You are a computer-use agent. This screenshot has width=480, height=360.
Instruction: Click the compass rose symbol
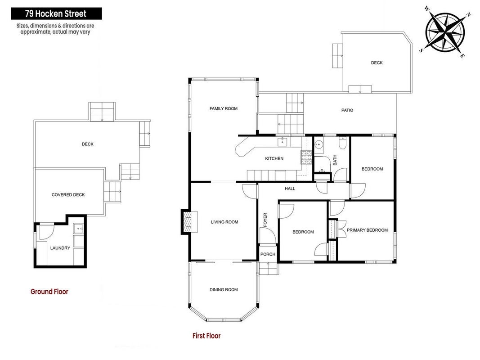(x=445, y=31)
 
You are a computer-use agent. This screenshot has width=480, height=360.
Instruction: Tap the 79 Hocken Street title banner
(x=56, y=14)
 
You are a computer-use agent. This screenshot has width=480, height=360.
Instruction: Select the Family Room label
(x=224, y=108)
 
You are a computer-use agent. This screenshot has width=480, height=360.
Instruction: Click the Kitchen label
(x=274, y=158)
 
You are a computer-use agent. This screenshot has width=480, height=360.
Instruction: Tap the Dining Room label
(x=224, y=290)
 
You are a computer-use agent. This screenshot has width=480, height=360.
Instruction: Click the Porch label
(x=268, y=254)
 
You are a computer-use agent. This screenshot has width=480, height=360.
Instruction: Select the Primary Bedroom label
(x=368, y=230)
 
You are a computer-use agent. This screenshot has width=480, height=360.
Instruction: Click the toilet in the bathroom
(x=342, y=143)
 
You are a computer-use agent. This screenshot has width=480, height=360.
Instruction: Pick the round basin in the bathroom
(x=319, y=144)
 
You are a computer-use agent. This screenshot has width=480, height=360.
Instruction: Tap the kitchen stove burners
(x=306, y=157)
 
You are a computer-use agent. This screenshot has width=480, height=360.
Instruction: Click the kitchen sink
(x=282, y=142)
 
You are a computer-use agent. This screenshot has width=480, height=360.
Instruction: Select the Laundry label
(x=60, y=248)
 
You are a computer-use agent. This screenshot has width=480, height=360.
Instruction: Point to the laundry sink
(x=78, y=228)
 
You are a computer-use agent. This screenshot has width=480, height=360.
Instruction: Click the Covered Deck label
(x=68, y=195)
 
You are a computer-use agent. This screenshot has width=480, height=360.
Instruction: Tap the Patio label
(x=347, y=110)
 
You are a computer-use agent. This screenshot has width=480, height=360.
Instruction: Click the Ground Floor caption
(x=49, y=292)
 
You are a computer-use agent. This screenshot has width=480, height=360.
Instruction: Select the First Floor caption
(x=206, y=336)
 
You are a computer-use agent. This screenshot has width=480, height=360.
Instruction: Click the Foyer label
(x=265, y=220)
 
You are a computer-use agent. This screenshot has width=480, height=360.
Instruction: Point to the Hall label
(x=290, y=189)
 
